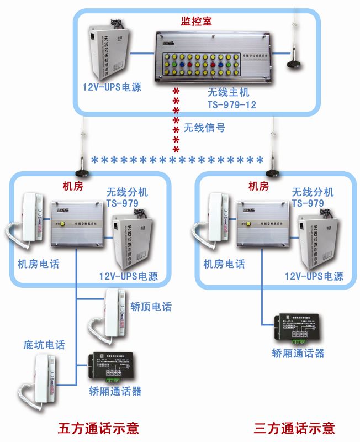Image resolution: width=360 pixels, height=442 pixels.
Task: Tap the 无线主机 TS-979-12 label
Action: click(x=232, y=98)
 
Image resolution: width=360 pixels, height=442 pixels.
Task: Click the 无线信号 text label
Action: click(x=204, y=128)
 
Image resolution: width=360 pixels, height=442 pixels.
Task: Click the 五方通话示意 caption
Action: click(x=99, y=428)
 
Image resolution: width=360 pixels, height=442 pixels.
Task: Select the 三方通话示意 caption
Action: click(x=294, y=428)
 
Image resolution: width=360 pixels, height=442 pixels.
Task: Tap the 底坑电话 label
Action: click(x=44, y=345)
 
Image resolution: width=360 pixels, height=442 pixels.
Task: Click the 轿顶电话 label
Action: click(x=151, y=307)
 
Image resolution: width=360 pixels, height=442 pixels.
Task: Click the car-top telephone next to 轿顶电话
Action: click(x=112, y=318)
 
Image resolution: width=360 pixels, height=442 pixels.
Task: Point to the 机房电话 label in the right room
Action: click(x=224, y=264)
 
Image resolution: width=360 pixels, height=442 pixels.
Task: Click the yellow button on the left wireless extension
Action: click(x=63, y=224)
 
